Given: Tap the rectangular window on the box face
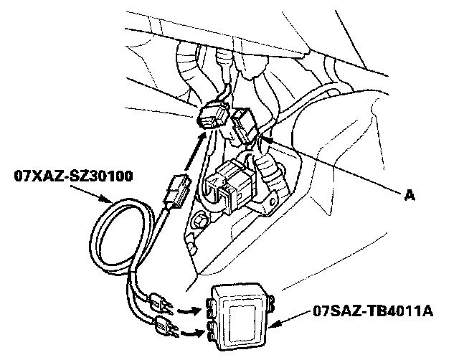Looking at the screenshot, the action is coord(240,315).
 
